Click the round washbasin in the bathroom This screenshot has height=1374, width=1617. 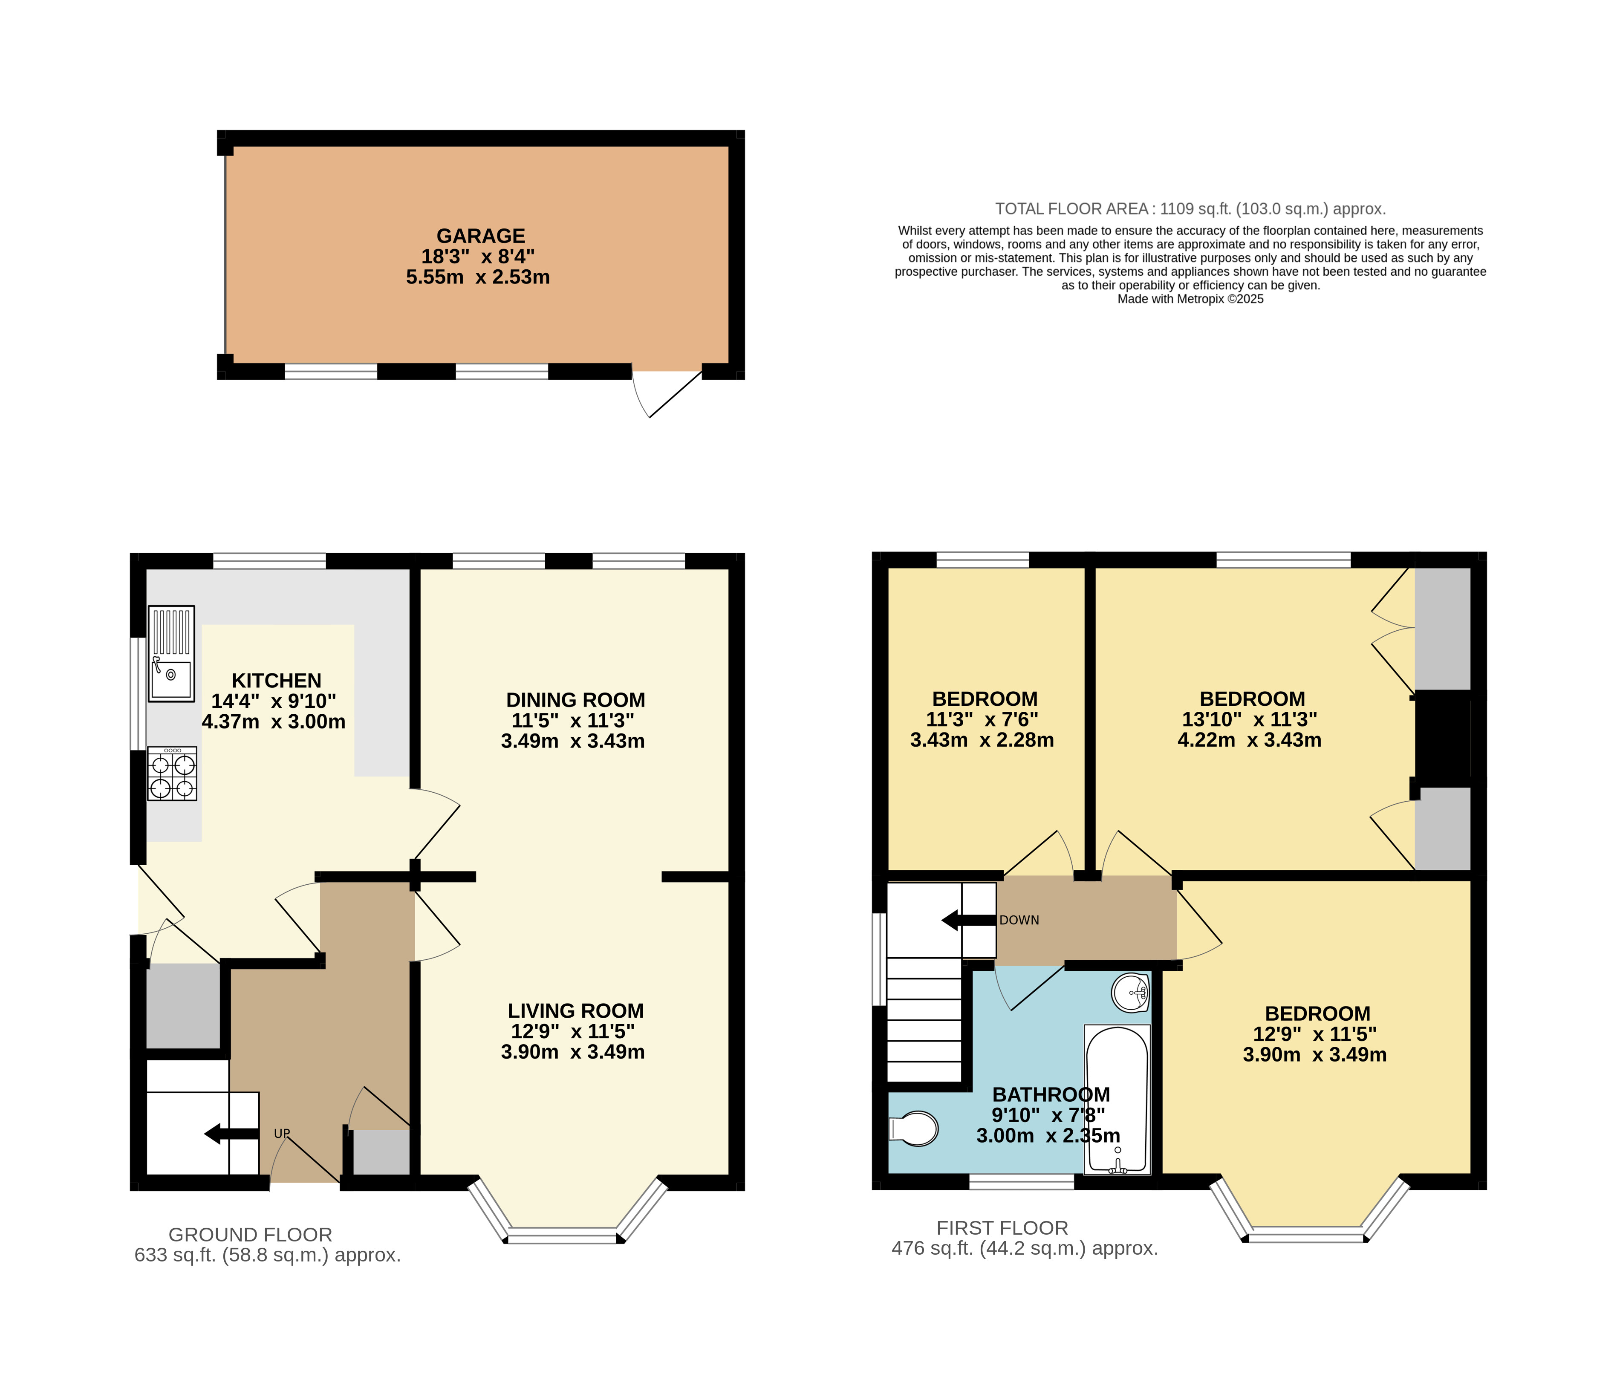pos(1130,992)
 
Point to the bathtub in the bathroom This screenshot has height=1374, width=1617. pos(1117,1098)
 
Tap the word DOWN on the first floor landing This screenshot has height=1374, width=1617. pos(1019,920)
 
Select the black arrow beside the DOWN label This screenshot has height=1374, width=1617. pos(968,920)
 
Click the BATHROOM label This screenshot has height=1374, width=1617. pos(1051,1094)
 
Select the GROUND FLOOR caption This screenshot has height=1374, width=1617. pos(250,1235)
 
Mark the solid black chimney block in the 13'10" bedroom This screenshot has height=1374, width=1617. pos(1443,734)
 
